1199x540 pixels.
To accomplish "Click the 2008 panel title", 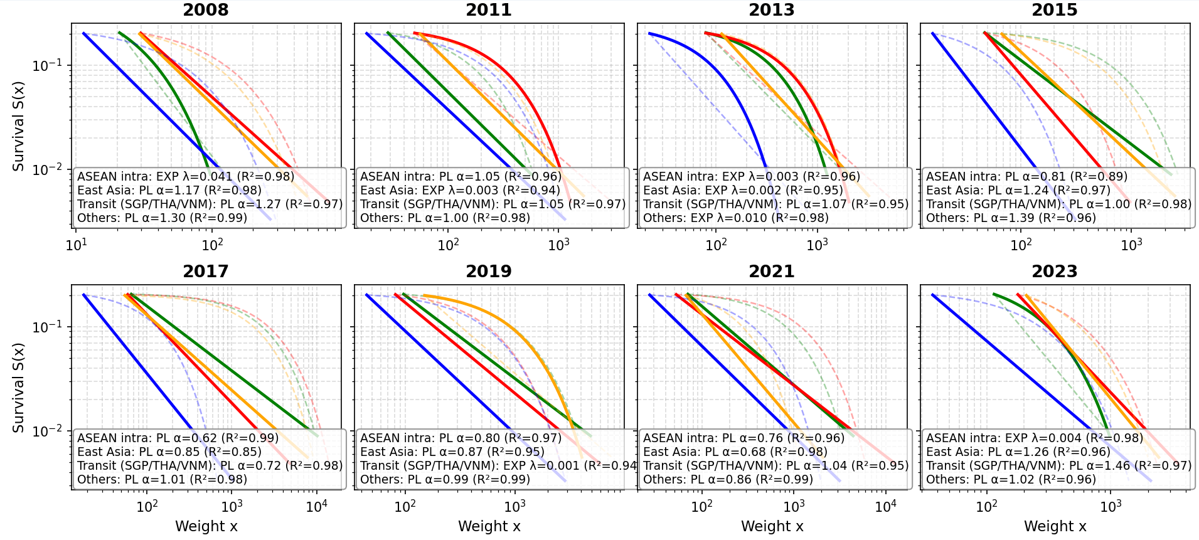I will [x=206, y=10].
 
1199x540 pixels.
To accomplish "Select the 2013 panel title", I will [x=772, y=10].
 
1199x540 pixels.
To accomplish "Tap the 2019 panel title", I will [x=489, y=272].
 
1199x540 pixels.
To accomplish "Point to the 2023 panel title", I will [x=1055, y=272].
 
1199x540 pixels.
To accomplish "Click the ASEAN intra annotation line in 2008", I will [x=186, y=177].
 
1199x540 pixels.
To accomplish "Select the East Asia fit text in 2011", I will [x=460, y=191].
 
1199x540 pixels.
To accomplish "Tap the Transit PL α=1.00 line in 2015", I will [x=1058, y=204].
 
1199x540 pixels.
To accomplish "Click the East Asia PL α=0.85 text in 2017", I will [x=169, y=452].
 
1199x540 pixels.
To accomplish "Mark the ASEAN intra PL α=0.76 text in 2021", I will [x=743, y=438].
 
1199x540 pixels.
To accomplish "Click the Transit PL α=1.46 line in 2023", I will [x=1058, y=466].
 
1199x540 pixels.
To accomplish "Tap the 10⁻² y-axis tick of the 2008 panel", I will [x=50, y=170].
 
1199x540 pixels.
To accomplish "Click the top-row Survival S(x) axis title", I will [x=19, y=126].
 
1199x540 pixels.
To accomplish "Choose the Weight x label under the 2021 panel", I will [x=772, y=527].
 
